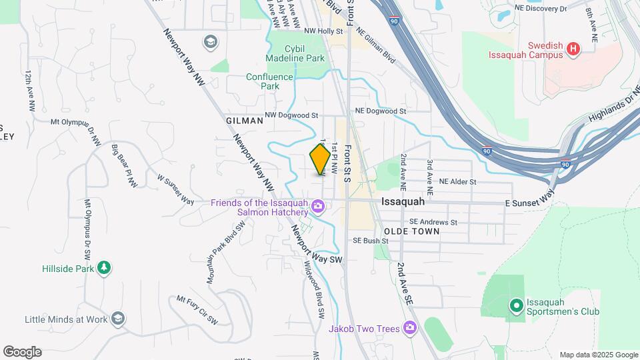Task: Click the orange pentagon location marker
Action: pyautogui.click(x=320, y=159)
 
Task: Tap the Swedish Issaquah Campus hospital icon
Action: pyautogui.click(x=573, y=48)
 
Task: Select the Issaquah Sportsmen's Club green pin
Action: pyautogui.click(x=515, y=306)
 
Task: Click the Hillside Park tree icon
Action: pyautogui.click(x=103, y=267)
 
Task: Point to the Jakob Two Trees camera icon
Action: pyautogui.click(x=410, y=328)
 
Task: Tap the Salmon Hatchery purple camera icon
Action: pyautogui.click(x=319, y=207)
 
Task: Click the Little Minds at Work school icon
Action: pyautogui.click(x=119, y=319)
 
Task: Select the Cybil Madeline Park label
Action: pyautogui.click(x=295, y=53)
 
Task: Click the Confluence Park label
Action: pyautogui.click(x=269, y=81)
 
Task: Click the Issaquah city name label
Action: pyautogui.click(x=403, y=201)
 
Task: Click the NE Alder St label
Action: pyautogui.click(x=457, y=181)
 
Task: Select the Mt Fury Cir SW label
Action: pyautogui.click(x=197, y=311)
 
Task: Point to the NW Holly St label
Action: pyautogui.click(x=323, y=31)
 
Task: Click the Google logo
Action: pyautogui.click(x=22, y=352)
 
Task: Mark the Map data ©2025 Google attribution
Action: pyautogui.click(x=598, y=355)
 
